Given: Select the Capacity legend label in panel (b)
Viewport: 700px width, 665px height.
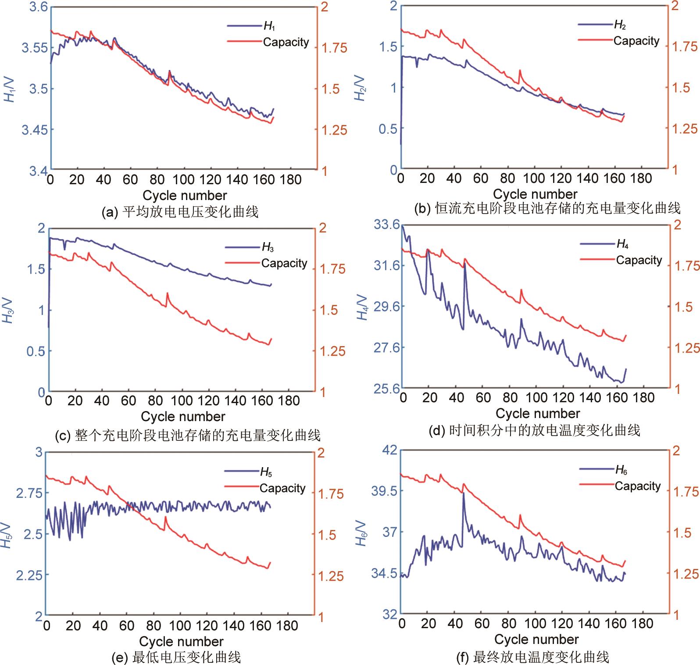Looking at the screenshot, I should [x=636, y=41].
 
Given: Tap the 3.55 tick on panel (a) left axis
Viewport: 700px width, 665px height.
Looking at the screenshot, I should [x=36, y=47].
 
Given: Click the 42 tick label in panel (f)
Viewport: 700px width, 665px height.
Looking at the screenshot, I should [x=389, y=450].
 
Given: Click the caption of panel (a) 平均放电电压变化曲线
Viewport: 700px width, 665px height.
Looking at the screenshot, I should [x=180, y=212].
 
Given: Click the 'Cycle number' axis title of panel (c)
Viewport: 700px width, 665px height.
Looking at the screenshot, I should [x=183, y=416].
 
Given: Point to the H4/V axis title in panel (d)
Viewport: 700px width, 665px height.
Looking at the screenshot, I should [x=362, y=307].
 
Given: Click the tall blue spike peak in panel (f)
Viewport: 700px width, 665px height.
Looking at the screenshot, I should [x=463, y=493].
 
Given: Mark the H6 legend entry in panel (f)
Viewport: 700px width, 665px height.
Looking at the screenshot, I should [x=621, y=470].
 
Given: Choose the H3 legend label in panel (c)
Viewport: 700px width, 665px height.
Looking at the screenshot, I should [x=268, y=247].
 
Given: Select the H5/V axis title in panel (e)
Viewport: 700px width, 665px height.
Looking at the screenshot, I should [x=7, y=535].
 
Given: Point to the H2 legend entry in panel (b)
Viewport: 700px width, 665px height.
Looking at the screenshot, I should [x=620, y=25].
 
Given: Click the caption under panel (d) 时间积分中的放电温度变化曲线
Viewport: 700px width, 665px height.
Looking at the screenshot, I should [x=534, y=430].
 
